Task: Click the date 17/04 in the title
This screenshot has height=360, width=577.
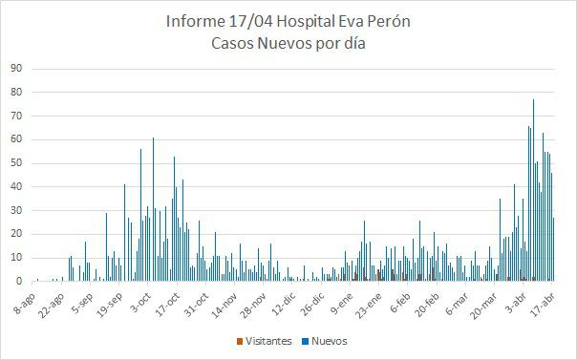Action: pyautogui.click(x=251, y=22)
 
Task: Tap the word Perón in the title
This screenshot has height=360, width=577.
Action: pyautogui.click(x=389, y=22)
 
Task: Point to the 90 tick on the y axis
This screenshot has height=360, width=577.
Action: pyautogui.click(x=16, y=69)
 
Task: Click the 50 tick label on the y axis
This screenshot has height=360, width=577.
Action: pyautogui.click(x=16, y=163)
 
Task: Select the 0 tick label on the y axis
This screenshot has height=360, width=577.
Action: pyautogui.click(x=19, y=282)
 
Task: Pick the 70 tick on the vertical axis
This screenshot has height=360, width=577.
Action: pyautogui.click(x=16, y=116)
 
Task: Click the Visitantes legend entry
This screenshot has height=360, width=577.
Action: pyautogui.click(x=269, y=341)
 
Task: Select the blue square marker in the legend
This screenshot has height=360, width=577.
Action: pyautogui.click(x=304, y=341)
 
